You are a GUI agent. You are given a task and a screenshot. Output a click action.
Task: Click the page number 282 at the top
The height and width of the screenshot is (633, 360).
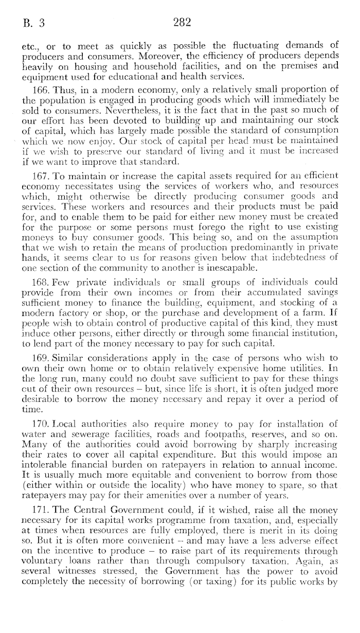click(183, 23)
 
